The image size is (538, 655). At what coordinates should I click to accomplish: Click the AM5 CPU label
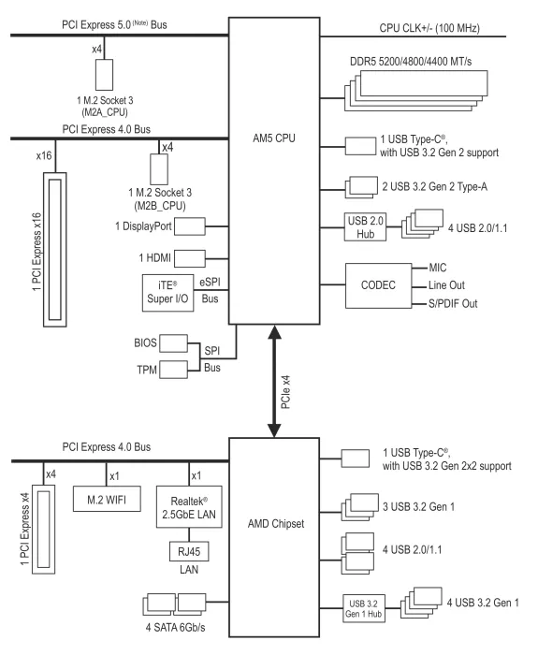coord(273,138)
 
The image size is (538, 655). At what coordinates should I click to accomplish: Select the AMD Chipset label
coord(276,524)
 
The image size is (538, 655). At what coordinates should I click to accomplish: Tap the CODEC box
coord(378,285)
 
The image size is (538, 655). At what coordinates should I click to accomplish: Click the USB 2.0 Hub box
coord(365,226)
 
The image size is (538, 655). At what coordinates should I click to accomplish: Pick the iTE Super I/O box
coord(167,293)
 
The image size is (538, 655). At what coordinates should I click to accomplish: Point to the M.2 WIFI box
coord(107,499)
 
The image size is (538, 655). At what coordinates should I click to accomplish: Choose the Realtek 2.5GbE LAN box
coord(189,507)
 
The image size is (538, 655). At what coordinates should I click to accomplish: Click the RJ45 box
coord(189,551)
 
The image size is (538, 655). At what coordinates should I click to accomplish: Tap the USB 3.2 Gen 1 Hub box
coord(363,608)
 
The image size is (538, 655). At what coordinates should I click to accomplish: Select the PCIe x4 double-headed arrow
coord(274,381)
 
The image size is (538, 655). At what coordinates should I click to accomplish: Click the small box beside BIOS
coord(173,343)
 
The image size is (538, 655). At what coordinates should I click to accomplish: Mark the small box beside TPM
coord(173,370)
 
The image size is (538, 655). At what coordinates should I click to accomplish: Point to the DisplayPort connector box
coord(190,226)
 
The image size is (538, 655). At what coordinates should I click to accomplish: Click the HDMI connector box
coord(190,258)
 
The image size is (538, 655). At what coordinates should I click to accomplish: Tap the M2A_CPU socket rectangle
coord(104,75)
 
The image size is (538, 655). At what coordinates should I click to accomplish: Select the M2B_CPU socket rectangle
coord(159,169)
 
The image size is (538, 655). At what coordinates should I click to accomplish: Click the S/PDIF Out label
coord(453,304)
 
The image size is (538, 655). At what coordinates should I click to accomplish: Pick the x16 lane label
coord(44,156)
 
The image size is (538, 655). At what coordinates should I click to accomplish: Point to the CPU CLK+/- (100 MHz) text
coord(429,28)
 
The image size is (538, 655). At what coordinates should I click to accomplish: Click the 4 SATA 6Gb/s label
coord(176,628)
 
